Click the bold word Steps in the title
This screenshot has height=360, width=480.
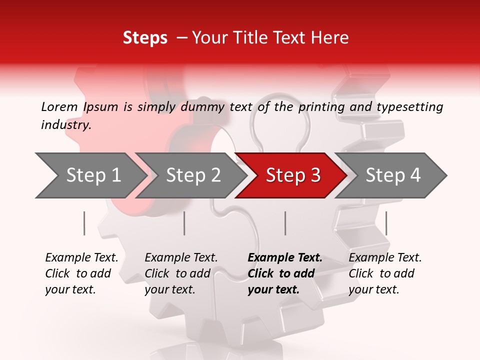tap(145, 38)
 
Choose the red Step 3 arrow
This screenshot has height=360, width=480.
tap(293, 175)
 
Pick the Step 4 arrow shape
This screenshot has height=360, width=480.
tap(393, 175)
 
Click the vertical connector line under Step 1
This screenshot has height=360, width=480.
tap(84, 223)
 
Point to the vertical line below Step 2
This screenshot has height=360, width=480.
tap(184, 223)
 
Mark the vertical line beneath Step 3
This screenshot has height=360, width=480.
tap(285, 223)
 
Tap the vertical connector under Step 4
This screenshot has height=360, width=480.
tap(386, 223)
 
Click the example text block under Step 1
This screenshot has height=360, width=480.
tap(81, 273)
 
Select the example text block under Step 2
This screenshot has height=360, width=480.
tap(181, 273)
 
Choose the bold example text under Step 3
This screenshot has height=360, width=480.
tap(285, 273)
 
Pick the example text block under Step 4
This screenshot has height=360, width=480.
tap(385, 273)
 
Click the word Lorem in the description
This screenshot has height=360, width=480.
tap(59, 107)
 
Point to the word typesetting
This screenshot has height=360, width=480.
tap(409, 107)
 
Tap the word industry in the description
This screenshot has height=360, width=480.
tap(66, 125)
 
